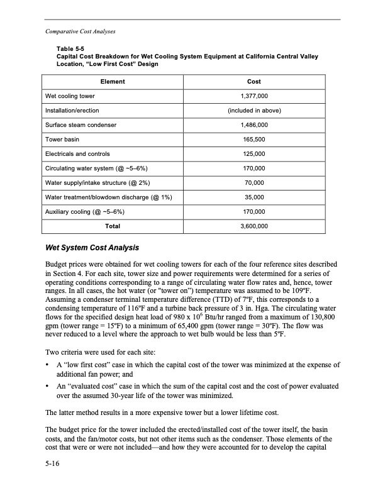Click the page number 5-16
pos(54,466)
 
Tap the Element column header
pos(113,82)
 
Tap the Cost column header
pos(255,82)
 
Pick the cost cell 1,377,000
pos(255,96)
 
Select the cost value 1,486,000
pos(255,125)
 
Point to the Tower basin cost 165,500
pos(255,139)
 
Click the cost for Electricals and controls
pos(255,153)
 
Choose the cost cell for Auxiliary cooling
pos(255,211)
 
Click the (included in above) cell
pos(255,111)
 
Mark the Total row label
pos(113,225)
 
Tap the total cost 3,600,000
pos(255,225)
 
